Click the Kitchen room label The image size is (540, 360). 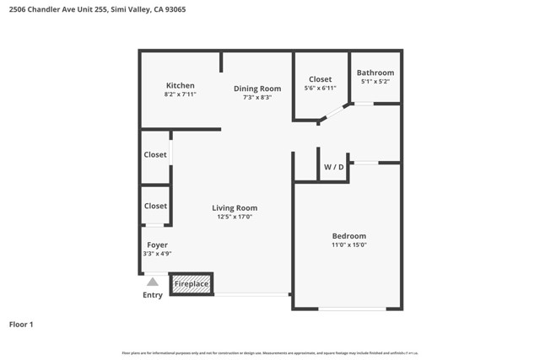(x=180, y=85)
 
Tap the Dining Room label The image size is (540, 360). (x=257, y=89)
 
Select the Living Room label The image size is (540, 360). (x=234, y=208)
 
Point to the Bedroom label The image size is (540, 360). (x=348, y=236)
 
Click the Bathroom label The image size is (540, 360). (x=375, y=73)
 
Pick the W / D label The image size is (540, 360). (x=334, y=167)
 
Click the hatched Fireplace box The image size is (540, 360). (x=192, y=284)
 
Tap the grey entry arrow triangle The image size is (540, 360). (x=153, y=282)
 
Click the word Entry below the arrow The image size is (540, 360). (x=153, y=295)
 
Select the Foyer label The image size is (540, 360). (x=157, y=245)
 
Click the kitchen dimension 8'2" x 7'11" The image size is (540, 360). (x=180, y=94)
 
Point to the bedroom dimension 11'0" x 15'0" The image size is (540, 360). (x=348, y=245)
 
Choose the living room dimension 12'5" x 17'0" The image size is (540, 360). (x=234, y=218)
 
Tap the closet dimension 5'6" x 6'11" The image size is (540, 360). (x=320, y=89)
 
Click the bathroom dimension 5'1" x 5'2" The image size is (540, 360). (x=375, y=82)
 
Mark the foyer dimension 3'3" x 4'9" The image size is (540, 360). (x=157, y=254)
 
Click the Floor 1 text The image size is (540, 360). (x=21, y=324)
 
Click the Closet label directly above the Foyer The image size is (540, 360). (x=155, y=206)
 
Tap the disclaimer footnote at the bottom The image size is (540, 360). (x=270, y=352)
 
